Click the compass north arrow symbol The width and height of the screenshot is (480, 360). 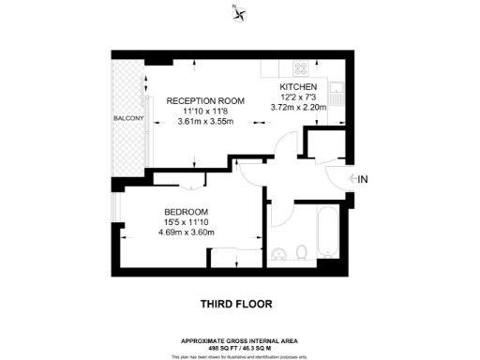tap(240, 12)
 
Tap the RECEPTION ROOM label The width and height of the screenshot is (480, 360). tap(205, 100)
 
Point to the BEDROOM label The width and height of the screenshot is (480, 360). tap(186, 211)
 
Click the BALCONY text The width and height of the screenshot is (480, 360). tap(127, 119)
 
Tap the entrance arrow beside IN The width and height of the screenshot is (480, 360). tap(350, 178)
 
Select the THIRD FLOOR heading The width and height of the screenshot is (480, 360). tap(239, 304)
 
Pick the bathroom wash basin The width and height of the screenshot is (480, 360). tap(278, 254)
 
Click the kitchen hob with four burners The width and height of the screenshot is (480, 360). tap(301, 67)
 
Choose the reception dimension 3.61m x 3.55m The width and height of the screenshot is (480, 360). tap(205, 121)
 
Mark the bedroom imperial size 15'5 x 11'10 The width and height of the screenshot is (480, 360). tap(186, 221)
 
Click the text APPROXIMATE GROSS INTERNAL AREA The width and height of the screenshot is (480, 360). tap(239, 339)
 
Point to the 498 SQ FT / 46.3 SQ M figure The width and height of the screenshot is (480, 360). tap(239, 347)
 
